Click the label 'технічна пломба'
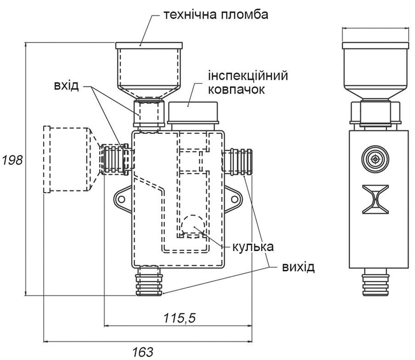click(216, 14)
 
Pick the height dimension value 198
click(12, 160)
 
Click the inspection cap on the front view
click(193, 114)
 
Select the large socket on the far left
click(68, 159)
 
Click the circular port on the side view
click(375, 159)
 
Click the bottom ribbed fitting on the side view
click(375, 282)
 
